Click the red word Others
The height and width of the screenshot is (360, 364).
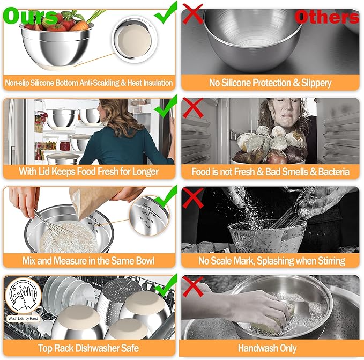(x=326, y=17)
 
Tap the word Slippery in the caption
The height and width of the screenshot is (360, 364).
(x=310, y=83)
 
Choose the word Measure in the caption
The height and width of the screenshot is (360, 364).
(x=80, y=260)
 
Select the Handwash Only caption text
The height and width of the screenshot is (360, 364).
(x=270, y=348)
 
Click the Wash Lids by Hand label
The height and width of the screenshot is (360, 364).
(x=24, y=318)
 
